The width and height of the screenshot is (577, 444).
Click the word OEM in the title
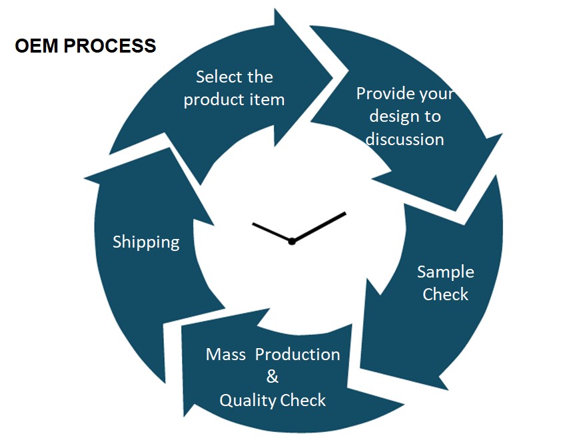[37, 46]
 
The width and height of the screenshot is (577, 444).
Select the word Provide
[380, 93]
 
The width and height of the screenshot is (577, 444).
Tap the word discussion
[404, 139]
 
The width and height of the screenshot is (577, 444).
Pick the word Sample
[446, 272]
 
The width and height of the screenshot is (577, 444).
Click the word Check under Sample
[446, 294]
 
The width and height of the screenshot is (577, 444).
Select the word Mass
[226, 354]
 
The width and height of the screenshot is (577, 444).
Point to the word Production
[298, 354]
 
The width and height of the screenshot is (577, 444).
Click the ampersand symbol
[272, 377]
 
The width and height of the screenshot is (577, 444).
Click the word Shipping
[146, 242]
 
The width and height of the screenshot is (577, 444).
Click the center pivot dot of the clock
[292, 242]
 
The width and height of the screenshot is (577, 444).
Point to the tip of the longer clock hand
[346, 213]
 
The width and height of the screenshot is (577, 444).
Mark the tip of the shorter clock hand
[253, 224]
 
